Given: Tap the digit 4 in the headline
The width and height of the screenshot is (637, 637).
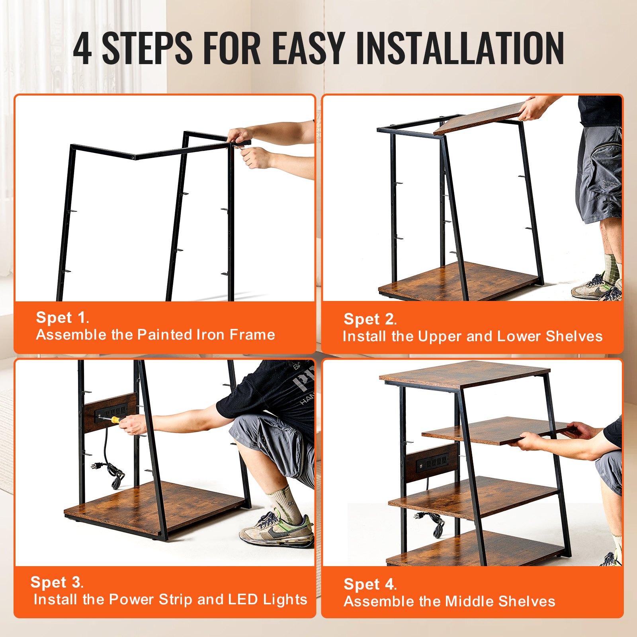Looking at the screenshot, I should tap(82, 49).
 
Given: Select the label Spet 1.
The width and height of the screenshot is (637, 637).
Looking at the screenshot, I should tap(62, 318).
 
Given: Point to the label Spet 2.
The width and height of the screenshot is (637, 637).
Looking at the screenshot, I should tap(370, 319).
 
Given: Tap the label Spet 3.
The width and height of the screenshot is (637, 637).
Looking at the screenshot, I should tap(57, 582).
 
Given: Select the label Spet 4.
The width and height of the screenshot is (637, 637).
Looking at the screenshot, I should tap(370, 584).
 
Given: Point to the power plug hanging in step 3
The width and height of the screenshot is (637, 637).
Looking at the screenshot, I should tap(96, 466).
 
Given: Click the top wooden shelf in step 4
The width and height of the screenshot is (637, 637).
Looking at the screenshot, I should tap(464, 374).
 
